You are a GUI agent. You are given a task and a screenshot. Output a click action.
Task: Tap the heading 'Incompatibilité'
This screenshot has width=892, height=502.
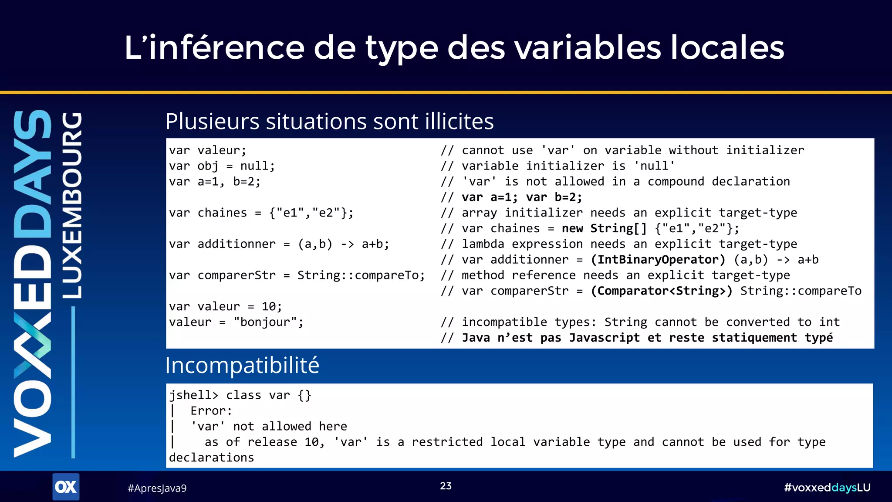click(x=242, y=365)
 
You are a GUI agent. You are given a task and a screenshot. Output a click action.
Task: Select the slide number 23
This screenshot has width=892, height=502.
click(x=446, y=486)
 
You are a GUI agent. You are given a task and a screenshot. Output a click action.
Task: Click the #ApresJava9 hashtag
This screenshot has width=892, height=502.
click(x=157, y=488)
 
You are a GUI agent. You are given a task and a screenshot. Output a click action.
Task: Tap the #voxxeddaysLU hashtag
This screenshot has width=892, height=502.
click(x=827, y=487)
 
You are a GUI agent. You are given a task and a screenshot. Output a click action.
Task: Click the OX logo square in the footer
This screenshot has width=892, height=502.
click(x=66, y=487)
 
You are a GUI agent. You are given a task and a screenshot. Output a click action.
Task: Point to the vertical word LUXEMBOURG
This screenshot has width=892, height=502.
click(x=72, y=205)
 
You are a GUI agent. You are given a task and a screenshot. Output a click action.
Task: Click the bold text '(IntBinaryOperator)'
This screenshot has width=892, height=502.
click(x=658, y=260)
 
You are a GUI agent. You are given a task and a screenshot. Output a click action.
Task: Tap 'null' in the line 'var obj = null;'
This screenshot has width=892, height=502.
click(x=257, y=166)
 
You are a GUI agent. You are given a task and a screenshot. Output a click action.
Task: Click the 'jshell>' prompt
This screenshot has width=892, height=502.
click(x=193, y=395)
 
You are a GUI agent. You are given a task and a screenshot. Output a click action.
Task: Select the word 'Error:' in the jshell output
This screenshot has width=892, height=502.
click(x=211, y=411)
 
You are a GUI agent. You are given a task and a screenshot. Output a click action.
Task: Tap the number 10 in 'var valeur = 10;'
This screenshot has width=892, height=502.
click(x=269, y=307)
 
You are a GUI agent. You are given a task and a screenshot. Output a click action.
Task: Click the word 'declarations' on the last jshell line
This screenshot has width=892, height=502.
click(x=211, y=458)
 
